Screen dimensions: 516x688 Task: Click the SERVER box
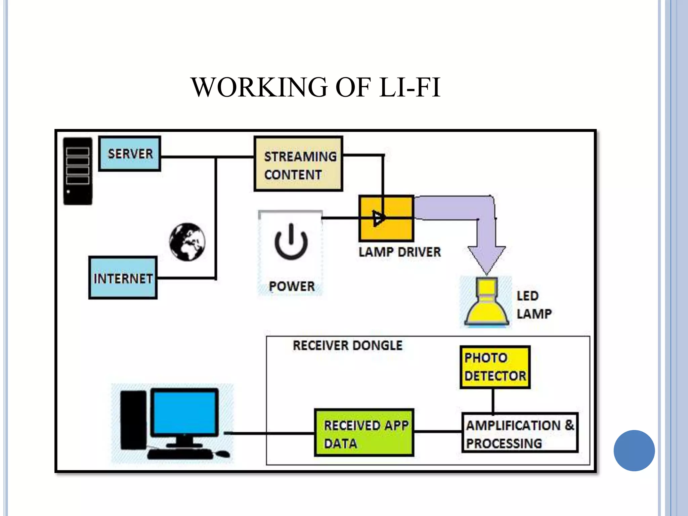(x=130, y=154)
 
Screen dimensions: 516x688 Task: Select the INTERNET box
(x=123, y=278)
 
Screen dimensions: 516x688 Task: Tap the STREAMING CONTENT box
(x=298, y=164)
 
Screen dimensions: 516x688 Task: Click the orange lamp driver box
(x=386, y=219)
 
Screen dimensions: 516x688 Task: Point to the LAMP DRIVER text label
(x=399, y=252)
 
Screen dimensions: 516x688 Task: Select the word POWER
(x=292, y=287)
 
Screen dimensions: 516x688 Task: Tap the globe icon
(x=187, y=242)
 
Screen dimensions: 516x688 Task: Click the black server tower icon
(x=78, y=171)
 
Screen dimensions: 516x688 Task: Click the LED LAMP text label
(x=534, y=305)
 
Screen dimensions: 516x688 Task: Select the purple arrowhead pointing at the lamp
(x=486, y=259)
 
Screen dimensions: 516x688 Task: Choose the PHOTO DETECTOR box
(x=495, y=367)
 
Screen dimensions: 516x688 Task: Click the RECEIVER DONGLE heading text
(x=347, y=346)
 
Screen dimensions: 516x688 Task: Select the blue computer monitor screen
(x=184, y=413)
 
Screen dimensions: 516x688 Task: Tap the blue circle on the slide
(x=634, y=450)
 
